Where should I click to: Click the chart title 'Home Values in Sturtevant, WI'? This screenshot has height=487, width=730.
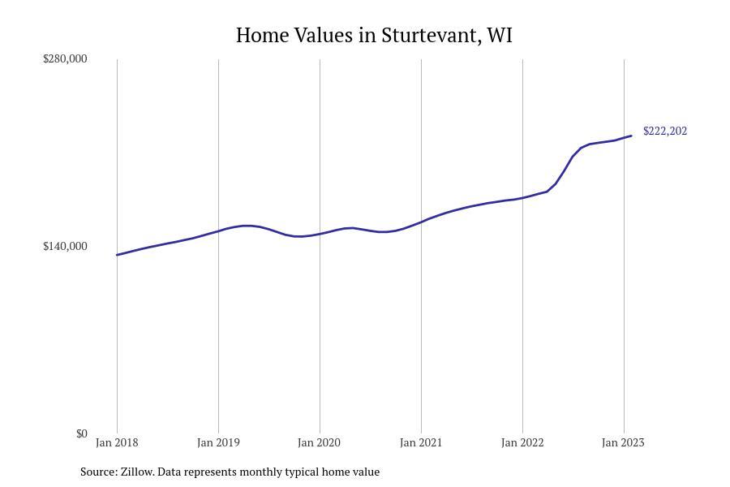(374, 36)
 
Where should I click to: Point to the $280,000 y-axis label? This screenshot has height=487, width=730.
(65, 58)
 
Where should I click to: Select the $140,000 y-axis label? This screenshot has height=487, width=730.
(65, 246)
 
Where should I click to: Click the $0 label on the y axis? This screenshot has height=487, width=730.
(81, 433)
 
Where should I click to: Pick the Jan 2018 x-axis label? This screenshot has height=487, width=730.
(117, 442)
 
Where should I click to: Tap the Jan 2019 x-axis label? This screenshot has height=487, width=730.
(218, 442)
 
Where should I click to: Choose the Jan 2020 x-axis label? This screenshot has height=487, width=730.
(320, 442)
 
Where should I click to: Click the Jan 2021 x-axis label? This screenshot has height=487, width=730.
(421, 442)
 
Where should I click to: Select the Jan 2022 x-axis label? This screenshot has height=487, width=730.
(522, 442)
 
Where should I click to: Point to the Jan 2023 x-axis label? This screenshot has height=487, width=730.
(624, 442)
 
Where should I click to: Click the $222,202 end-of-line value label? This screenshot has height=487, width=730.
(665, 131)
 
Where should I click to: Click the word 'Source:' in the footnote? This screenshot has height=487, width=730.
(98, 472)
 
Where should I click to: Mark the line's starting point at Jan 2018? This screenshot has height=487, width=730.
(117, 255)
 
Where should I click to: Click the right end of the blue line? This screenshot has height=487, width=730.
(631, 136)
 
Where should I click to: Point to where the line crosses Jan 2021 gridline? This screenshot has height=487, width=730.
(421, 222)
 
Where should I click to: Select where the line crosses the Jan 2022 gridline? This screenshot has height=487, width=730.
(522, 197)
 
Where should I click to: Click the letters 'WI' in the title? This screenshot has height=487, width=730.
(500, 36)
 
